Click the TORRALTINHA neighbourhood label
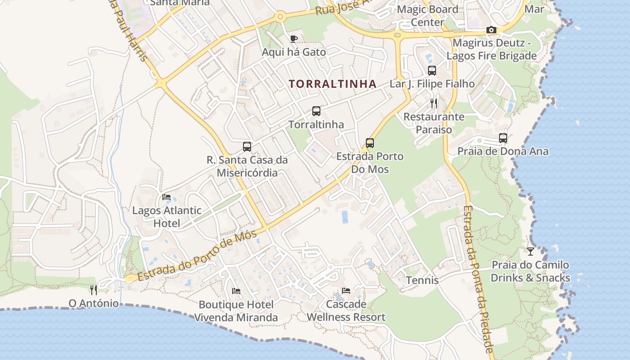coord(333,84)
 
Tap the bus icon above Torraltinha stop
coord(316,111)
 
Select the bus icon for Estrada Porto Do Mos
coord(370,143)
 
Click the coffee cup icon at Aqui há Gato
coord(293,39)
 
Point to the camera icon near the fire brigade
coord(491,30)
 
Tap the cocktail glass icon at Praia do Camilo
coord(531,251)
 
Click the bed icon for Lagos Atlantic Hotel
coord(166,197)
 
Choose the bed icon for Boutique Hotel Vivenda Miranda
coord(236,291)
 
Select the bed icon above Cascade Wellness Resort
coord(346,291)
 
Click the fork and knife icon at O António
coord(94,290)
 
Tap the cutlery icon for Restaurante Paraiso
coord(434,103)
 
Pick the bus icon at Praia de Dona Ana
coord(503,138)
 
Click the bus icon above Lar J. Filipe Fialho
coord(432,70)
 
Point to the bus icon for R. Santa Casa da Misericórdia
coord(247,146)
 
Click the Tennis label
coord(422,280)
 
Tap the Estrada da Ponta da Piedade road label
coord(478,279)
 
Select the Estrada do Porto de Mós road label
coord(197,256)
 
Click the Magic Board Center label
coord(427,15)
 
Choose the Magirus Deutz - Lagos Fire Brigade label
coord(492,49)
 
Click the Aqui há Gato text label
coord(294,52)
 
